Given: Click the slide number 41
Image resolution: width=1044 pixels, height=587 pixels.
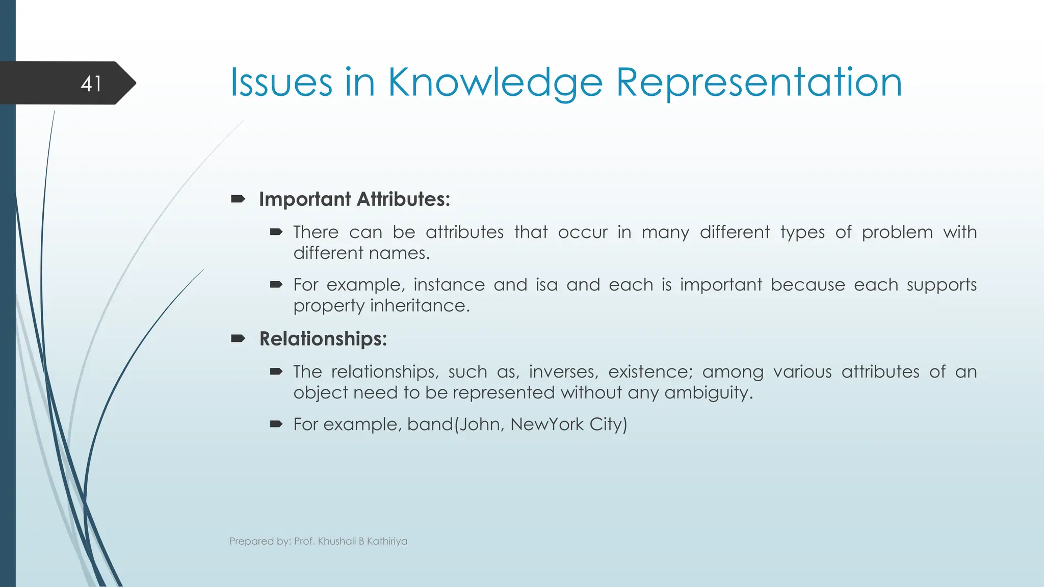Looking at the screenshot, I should coord(91,84).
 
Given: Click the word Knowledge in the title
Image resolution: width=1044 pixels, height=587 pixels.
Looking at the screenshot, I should coord(495,83).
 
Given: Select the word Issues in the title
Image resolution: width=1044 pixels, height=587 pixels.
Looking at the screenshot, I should coord(281,83).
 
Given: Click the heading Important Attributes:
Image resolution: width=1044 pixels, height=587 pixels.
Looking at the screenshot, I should coord(354,199).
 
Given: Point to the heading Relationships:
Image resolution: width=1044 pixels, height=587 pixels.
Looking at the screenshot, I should coord(323,339).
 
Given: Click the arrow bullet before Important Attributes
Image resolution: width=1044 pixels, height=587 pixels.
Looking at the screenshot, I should coord(238,199).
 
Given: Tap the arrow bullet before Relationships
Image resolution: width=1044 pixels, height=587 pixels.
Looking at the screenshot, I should coord(238,338).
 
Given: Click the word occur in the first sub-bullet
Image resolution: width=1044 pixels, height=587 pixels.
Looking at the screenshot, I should coord(582,232).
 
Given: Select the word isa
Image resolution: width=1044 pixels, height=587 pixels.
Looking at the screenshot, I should coord(546,285).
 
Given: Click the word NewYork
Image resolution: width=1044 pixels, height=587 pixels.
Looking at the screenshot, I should coord(546,424).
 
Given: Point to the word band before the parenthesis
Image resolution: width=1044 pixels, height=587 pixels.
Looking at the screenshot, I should coord(430,424).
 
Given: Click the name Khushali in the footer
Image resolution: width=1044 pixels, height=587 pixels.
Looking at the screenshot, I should coord(336,541).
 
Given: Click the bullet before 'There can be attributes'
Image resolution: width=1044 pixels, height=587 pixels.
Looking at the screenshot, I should coord(276,232).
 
